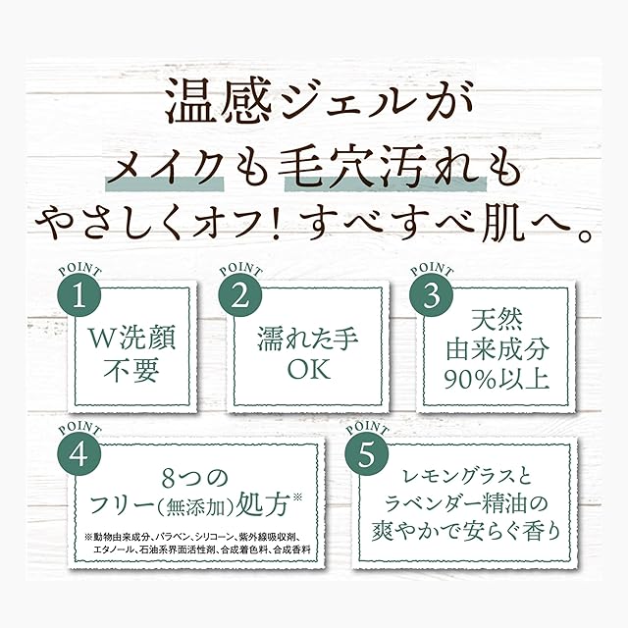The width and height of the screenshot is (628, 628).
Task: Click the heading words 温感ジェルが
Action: point(313,102)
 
